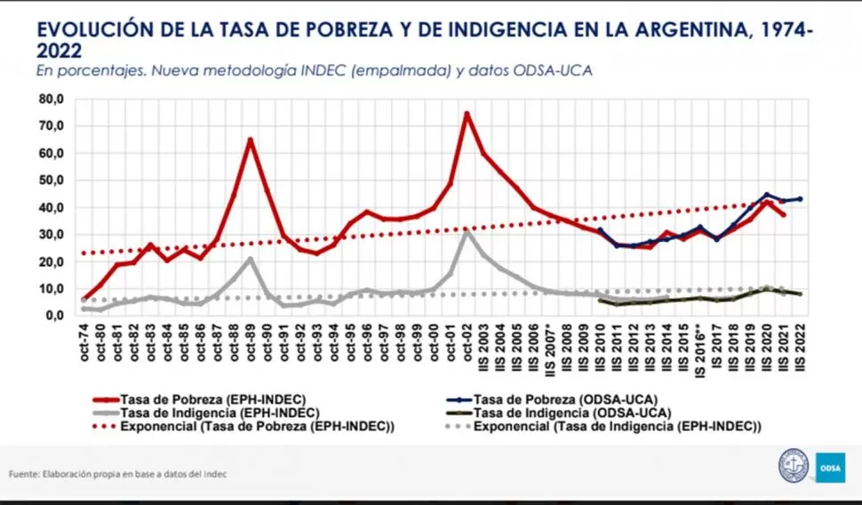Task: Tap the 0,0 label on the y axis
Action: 54,316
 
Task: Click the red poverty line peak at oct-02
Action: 467,113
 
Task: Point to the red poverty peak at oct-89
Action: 251,139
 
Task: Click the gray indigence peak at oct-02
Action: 467,231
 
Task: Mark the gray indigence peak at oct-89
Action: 251,259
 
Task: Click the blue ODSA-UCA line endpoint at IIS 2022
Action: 801,198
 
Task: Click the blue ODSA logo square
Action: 831,467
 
